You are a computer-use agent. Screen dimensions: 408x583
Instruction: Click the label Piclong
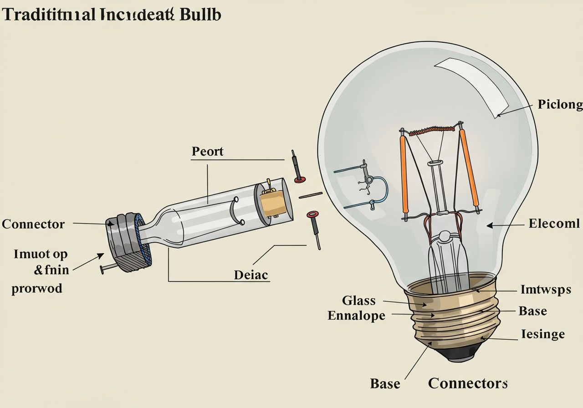tap(560, 105)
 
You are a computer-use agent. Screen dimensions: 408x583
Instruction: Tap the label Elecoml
tap(554, 224)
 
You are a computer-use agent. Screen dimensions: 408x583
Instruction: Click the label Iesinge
tap(542, 334)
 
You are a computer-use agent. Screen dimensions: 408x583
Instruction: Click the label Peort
tap(208, 151)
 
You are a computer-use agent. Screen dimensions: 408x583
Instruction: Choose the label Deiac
tap(251, 275)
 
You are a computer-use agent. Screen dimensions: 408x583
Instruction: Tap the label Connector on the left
tap(33, 224)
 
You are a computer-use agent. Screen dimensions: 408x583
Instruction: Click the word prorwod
tap(37, 289)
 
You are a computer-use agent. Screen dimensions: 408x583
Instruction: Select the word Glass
tap(359, 301)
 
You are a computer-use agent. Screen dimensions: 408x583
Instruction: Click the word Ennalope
tap(356, 316)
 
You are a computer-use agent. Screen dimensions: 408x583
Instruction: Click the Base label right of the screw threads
tap(532, 311)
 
